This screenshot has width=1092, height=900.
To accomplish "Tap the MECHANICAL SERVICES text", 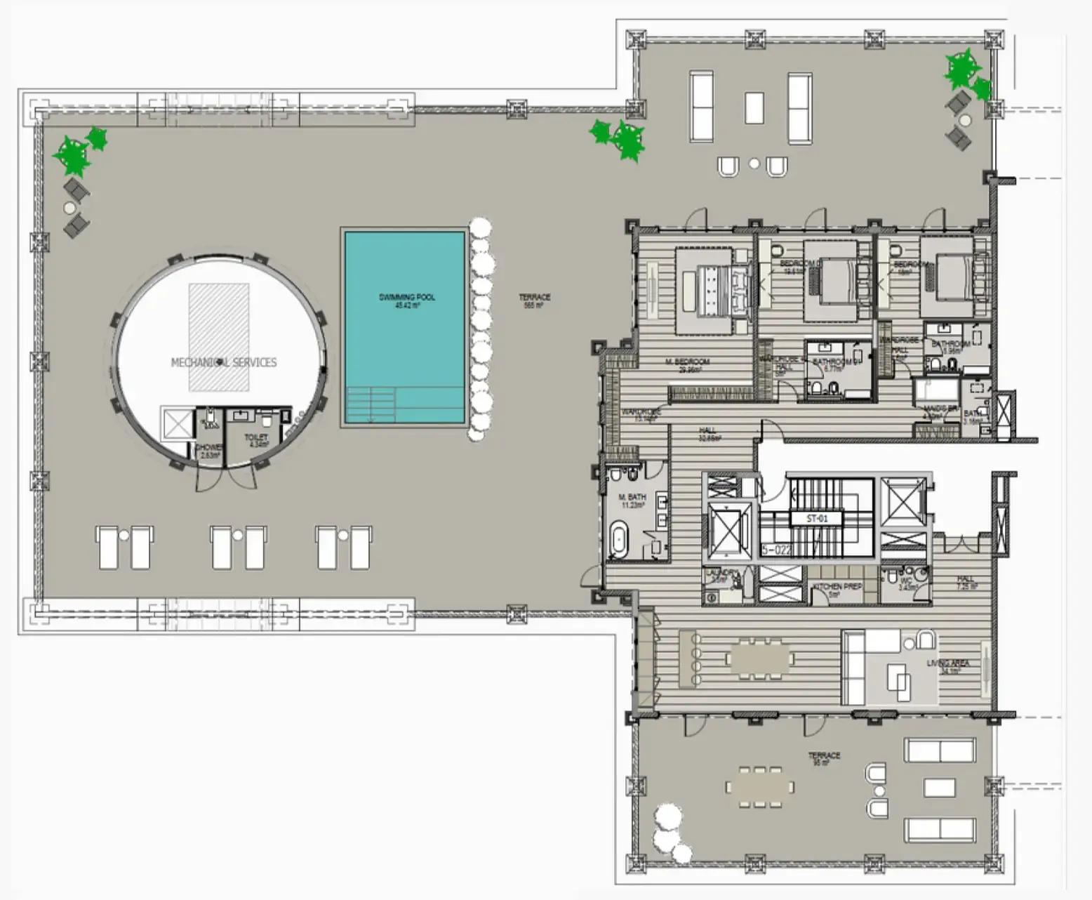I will coord(224,362).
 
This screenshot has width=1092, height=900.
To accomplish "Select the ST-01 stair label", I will coord(817,519).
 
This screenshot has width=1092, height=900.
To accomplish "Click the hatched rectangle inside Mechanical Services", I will coord(219,337).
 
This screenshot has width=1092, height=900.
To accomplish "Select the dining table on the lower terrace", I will coord(760,786).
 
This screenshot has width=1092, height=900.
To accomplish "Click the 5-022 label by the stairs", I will coord(777,550).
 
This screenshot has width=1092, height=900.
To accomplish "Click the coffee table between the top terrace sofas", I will coord(754,107).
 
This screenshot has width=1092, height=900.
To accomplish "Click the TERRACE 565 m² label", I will coord(535,300).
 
